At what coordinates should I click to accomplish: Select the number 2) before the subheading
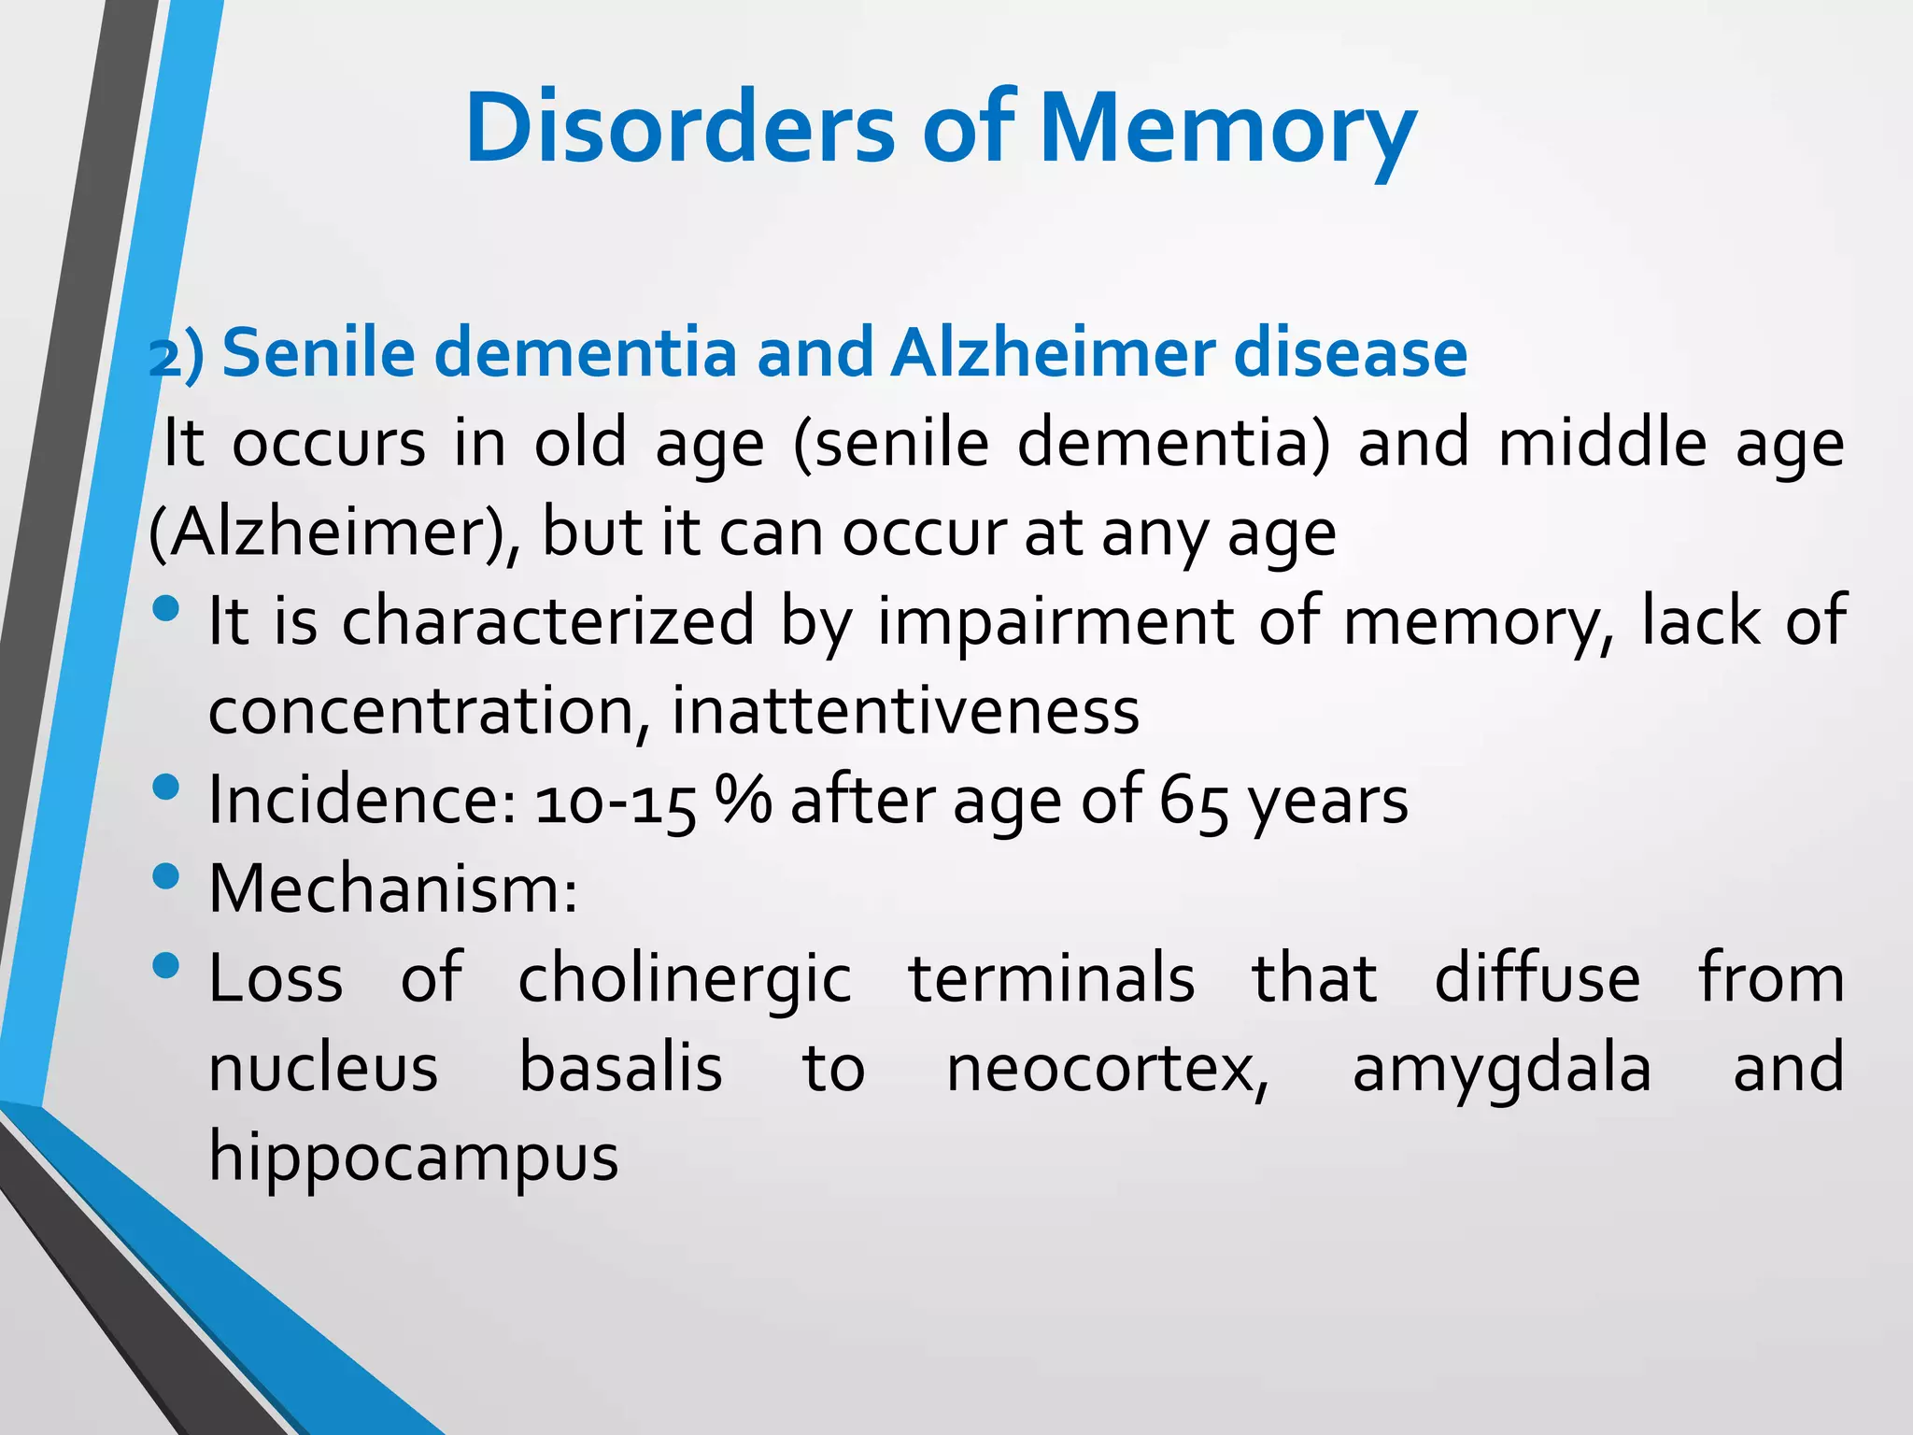point(176,356)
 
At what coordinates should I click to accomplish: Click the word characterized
point(547,621)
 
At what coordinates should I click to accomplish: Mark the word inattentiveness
point(905,712)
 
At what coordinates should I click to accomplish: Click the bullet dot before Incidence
point(165,787)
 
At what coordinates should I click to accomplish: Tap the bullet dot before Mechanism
point(165,876)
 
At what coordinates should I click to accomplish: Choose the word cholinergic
point(684,979)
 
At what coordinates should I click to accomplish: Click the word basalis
point(620,1068)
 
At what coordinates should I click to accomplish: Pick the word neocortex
point(1108,1070)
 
